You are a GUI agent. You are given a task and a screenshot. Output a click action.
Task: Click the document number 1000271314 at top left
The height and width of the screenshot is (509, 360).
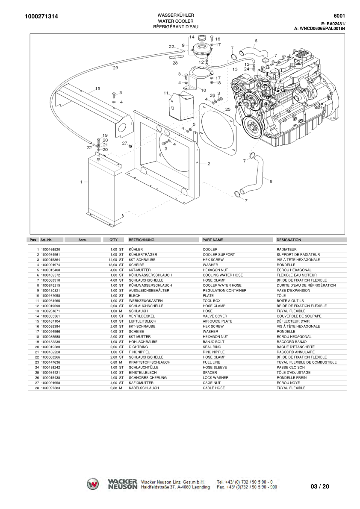click(x=41, y=17)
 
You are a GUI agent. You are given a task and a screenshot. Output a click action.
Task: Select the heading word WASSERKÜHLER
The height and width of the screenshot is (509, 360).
click(x=175, y=15)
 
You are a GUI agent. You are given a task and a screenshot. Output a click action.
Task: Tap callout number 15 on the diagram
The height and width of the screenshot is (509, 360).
click(x=97, y=89)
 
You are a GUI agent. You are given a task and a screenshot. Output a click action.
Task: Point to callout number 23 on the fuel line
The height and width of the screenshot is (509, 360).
click(x=115, y=68)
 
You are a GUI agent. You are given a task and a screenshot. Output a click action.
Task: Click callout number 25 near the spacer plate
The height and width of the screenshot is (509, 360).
click(x=227, y=109)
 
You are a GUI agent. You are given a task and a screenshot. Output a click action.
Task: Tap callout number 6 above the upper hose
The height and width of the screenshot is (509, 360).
click(x=256, y=41)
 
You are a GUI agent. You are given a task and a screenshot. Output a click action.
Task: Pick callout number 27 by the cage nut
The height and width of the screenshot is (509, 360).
click(x=124, y=143)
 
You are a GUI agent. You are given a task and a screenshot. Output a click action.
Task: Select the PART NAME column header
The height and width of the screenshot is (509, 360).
click(x=212, y=240)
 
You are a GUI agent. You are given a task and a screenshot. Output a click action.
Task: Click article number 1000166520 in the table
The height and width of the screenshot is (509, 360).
click(x=50, y=250)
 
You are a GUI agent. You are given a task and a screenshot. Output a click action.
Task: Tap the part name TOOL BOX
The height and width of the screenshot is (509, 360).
click(x=212, y=301)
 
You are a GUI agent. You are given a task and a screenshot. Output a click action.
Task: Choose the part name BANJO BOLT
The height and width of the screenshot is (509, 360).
click(x=213, y=342)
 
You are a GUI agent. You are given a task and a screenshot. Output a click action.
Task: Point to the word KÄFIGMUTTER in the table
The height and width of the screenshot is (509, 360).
click(x=141, y=383)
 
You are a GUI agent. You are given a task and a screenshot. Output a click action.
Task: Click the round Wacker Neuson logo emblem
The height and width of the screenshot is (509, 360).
click(x=93, y=484)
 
